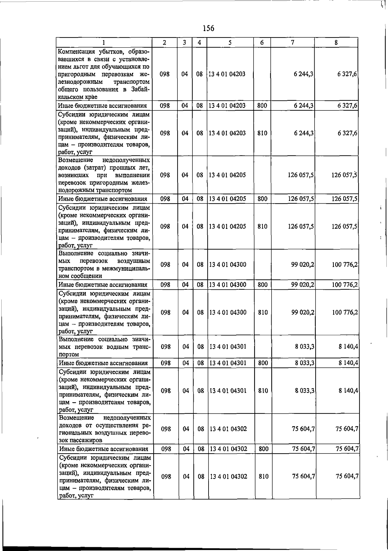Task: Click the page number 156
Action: [208, 28]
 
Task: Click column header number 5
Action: [230, 42]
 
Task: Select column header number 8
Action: [336, 42]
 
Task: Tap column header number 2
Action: [165, 42]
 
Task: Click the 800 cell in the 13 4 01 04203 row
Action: [262, 106]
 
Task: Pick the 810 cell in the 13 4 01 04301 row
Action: [263, 391]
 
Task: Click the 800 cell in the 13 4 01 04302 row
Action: [264, 449]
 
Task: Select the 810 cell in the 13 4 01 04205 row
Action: [262, 227]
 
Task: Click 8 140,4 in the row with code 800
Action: [348, 363]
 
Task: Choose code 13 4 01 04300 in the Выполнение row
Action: [228, 264]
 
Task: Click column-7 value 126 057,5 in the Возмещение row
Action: [301, 175]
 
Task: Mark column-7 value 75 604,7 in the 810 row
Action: [304, 477]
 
